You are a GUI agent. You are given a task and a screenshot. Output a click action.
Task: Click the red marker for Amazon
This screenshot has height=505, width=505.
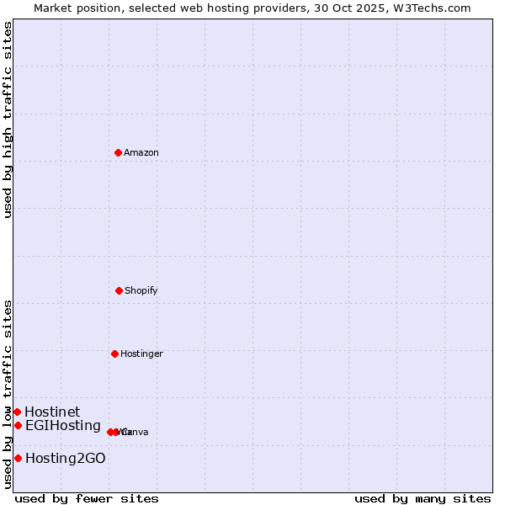coord(118,152)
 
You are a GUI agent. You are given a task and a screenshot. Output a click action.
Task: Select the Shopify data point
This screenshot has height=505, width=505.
coord(119,290)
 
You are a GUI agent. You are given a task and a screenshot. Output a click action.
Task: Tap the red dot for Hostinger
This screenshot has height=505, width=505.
coord(114,353)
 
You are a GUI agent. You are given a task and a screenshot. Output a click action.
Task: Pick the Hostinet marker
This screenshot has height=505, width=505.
coord(17,412)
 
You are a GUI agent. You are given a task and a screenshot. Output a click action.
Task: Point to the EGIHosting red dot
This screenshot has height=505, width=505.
coord(18,425)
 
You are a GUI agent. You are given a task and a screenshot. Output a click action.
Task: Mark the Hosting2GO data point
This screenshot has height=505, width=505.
coord(18,458)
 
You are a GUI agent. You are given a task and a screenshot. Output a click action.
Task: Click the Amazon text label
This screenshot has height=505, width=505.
coord(141,152)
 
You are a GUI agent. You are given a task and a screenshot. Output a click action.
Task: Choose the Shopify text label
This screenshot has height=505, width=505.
coord(141,290)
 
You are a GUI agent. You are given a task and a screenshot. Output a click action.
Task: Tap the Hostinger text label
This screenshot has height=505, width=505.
coord(141,353)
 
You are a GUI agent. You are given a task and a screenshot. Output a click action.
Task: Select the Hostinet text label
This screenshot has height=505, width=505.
coord(52,412)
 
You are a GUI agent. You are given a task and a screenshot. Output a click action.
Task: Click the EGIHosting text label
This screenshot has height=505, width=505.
coord(63,425)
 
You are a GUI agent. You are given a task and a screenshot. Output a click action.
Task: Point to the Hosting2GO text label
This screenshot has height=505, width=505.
coord(66,458)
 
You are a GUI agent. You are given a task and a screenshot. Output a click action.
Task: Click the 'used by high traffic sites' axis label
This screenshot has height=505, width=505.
coord(8,120)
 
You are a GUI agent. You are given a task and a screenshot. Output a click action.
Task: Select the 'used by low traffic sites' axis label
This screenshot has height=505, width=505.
coord(8,394)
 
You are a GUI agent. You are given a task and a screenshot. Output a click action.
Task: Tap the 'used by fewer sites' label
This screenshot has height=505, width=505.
coord(87,498)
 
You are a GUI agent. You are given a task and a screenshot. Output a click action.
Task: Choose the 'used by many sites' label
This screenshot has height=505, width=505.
coord(423,498)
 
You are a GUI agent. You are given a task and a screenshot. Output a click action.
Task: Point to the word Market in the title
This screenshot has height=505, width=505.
coord(53,8)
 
